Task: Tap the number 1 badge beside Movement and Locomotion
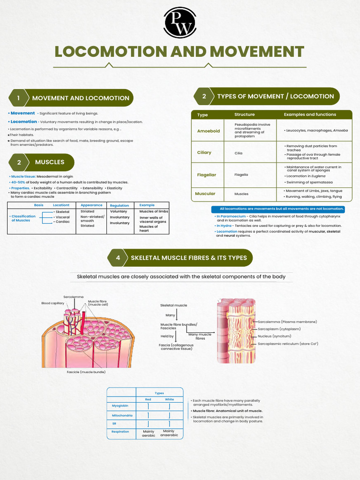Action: pyautogui.click(x=18, y=98)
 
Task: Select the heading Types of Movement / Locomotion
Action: pyautogui.click(x=275, y=96)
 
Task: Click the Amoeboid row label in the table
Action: pyautogui.click(x=209, y=131)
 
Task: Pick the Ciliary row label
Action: pyautogui.click(x=204, y=152)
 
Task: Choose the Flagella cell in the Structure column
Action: pyautogui.click(x=241, y=174)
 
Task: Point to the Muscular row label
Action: pyautogui.click(x=205, y=193)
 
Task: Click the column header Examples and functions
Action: pyautogui.click(x=309, y=114)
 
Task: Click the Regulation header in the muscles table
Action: pyautogui.click(x=120, y=205)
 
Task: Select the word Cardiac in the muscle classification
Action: pyautogui.click(x=62, y=222)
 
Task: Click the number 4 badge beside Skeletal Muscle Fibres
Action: pyautogui.click(x=118, y=258)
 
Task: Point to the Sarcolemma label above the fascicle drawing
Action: pyautogui.click(x=74, y=297)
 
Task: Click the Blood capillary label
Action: pyautogui.click(x=53, y=303)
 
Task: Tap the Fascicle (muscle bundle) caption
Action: pyautogui.click(x=86, y=372)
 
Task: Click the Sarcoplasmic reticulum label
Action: pyautogui.click(x=288, y=344)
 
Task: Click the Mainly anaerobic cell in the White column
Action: pyautogui.click(x=169, y=433)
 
